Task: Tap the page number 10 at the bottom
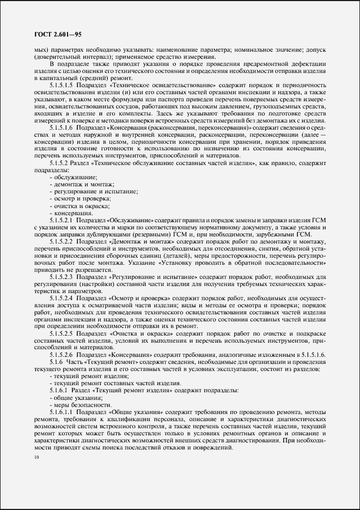click(36, 458)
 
